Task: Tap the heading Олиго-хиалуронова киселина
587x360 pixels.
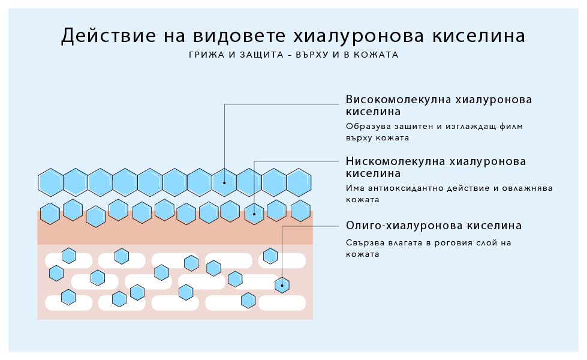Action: point(434,226)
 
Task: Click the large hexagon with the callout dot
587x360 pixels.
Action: point(224,182)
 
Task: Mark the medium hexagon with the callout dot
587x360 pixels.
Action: point(254,213)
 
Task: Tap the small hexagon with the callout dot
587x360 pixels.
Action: point(281,284)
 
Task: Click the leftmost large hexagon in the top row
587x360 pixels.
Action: point(51,182)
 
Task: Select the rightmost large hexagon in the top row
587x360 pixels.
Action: point(298,182)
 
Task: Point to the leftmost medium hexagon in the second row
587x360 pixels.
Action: point(50,213)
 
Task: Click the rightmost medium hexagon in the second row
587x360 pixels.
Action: point(300,211)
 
